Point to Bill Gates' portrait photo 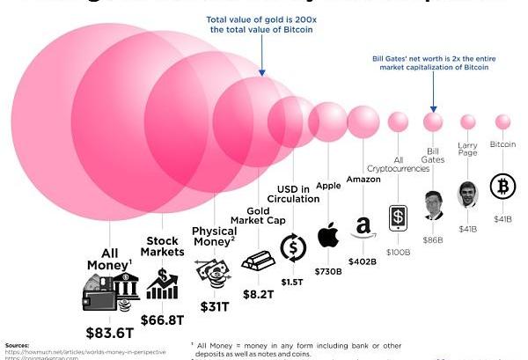pos(431,205)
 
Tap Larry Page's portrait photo pos(468,194)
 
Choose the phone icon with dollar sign pos(397,218)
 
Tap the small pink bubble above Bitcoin pos(502,121)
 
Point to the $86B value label pos(432,239)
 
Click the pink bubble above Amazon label pos(363,122)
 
